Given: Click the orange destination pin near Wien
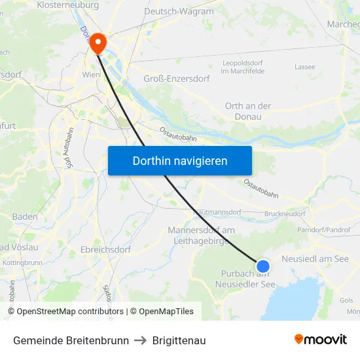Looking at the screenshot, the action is (98, 43).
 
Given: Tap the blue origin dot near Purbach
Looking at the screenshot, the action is (262, 266).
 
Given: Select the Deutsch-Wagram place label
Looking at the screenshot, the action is (179, 11).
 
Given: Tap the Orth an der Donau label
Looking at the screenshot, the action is (247, 111).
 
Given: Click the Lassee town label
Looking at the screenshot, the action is (305, 67).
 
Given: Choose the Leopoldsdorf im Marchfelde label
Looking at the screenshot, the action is (243, 67).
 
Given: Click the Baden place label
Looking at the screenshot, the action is (25, 217).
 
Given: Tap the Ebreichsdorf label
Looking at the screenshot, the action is (105, 249).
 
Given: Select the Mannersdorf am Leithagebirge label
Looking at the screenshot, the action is (201, 236).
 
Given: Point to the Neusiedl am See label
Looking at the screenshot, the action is (315, 259).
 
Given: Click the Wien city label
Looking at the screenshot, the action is (91, 75).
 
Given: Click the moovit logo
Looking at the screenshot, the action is (320, 339).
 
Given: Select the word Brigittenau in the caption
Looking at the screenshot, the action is (179, 340).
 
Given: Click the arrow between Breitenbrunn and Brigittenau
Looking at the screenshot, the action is (140, 340).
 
